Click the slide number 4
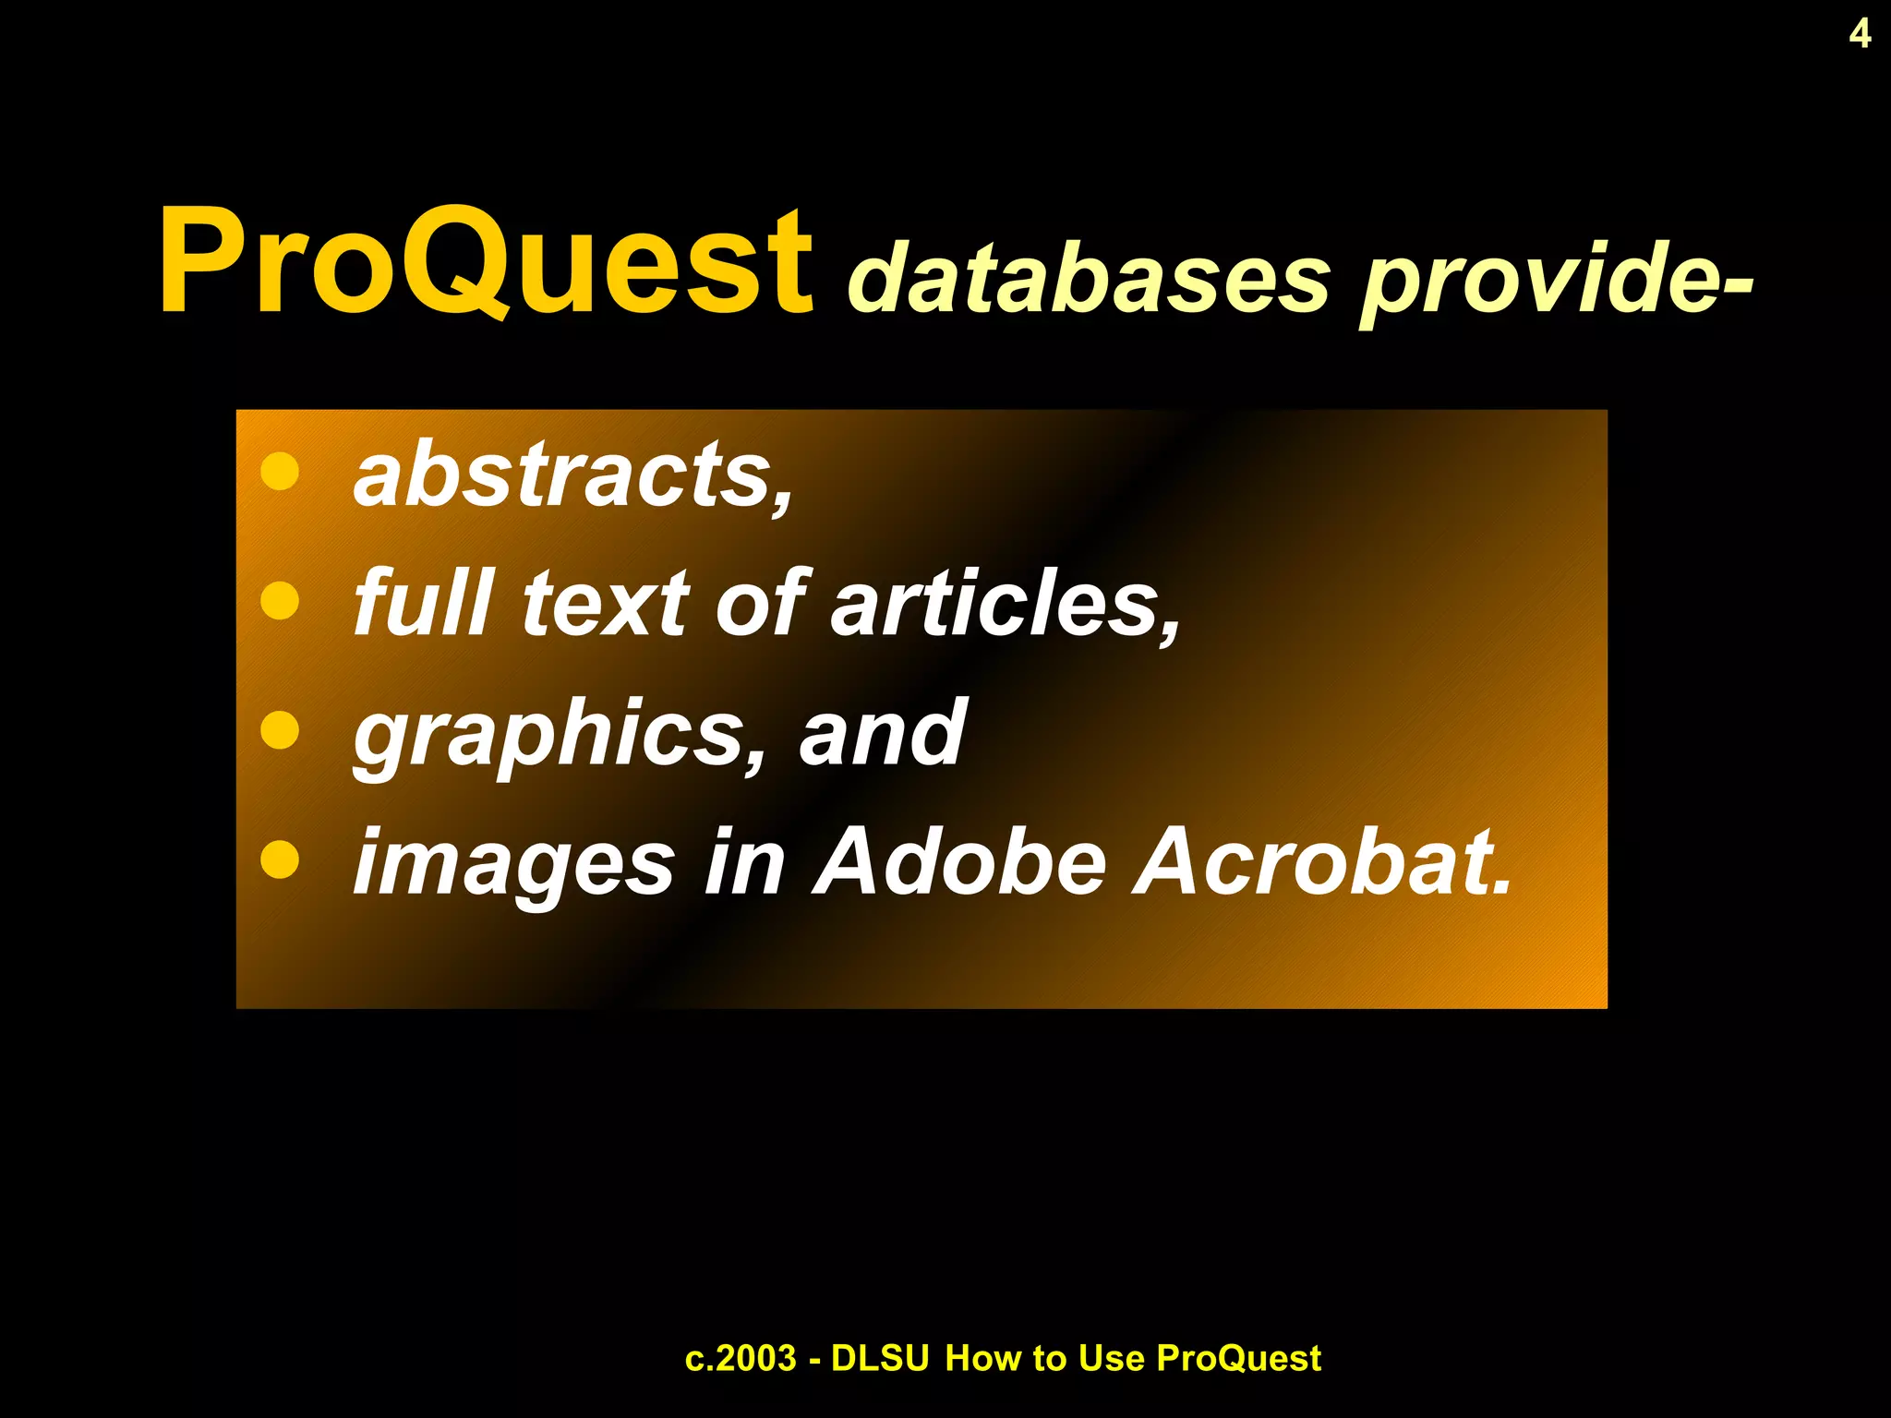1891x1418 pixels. [1860, 34]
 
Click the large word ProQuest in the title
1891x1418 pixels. [485, 263]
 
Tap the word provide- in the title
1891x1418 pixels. [1557, 278]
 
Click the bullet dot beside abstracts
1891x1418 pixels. [280, 471]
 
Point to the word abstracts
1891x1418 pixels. [572, 475]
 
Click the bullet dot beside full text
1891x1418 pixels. [280, 601]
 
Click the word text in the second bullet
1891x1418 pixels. [605, 605]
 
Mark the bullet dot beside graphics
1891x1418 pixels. [280, 730]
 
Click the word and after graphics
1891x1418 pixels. [882, 734]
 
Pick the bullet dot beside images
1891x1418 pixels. [280, 860]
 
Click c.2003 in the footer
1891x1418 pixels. [741, 1359]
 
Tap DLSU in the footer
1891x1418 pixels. [879, 1359]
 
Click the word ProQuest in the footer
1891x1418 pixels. [1238, 1359]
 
